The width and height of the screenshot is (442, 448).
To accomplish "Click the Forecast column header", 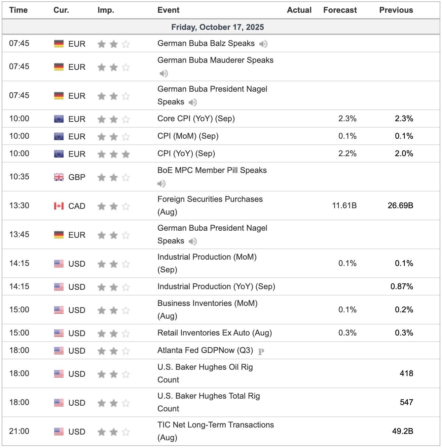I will [x=340, y=10].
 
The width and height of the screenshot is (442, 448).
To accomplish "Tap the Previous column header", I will [x=396, y=10].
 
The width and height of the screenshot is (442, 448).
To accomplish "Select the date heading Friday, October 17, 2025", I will [x=217, y=27].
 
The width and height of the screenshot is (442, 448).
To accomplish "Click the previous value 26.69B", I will [x=400, y=206].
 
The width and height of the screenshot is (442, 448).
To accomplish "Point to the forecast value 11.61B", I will [x=344, y=206].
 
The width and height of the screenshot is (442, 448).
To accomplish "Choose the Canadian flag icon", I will [x=59, y=206].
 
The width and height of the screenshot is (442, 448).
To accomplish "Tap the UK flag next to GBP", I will [x=59, y=177].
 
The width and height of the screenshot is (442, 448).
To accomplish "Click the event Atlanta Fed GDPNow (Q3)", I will [x=205, y=350].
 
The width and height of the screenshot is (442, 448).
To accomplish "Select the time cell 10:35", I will [x=19, y=177].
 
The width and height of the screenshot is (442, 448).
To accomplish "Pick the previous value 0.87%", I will [x=402, y=286].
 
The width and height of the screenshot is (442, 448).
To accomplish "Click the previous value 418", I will [x=406, y=373].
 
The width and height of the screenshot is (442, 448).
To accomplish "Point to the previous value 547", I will [x=406, y=402].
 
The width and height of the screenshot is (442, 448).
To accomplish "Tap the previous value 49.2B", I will [x=402, y=431].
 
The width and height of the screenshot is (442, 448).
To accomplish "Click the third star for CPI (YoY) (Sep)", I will [x=126, y=154].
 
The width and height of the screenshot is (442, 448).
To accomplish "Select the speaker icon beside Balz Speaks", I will [x=263, y=44].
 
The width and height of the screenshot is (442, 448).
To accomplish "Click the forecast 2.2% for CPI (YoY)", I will [x=347, y=153].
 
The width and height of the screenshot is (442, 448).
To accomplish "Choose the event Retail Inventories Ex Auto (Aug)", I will [x=214, y=333].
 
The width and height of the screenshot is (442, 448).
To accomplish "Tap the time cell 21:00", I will [x=19, y=431].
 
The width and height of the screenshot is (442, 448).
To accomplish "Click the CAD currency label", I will [x=77, y=206].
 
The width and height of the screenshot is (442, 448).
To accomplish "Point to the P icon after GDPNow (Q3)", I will [x=261, y=351].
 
